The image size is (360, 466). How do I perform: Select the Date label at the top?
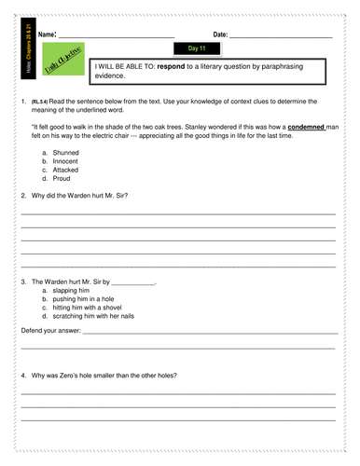220,34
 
